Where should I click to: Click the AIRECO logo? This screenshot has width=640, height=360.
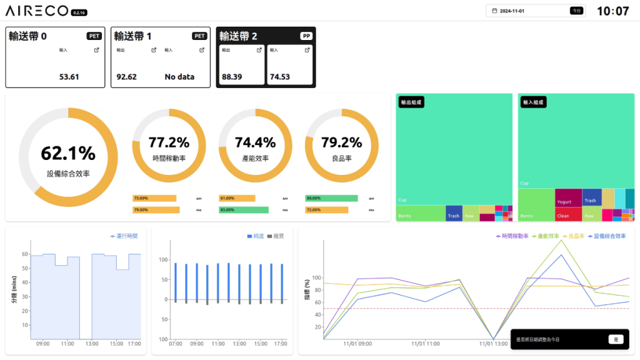pos(37,11)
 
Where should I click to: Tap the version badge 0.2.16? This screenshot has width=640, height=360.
pos(79,12)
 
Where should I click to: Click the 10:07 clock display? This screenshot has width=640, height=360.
pos(612,11)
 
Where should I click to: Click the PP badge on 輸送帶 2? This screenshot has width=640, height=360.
pos(306,36)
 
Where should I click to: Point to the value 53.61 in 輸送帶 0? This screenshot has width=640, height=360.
pos(69,77)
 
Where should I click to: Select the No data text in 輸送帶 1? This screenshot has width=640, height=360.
pos(179,77)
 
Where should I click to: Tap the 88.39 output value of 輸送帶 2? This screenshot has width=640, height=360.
pos(232,77)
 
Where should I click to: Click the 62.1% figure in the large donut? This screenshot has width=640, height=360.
pos(68,153)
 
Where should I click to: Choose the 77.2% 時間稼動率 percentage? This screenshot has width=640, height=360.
pos(169,142)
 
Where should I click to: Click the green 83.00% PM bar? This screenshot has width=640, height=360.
pos(244,210)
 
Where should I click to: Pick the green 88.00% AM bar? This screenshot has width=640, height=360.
pos(331,198)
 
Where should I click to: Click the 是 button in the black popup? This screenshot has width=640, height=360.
pos(616,339)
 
